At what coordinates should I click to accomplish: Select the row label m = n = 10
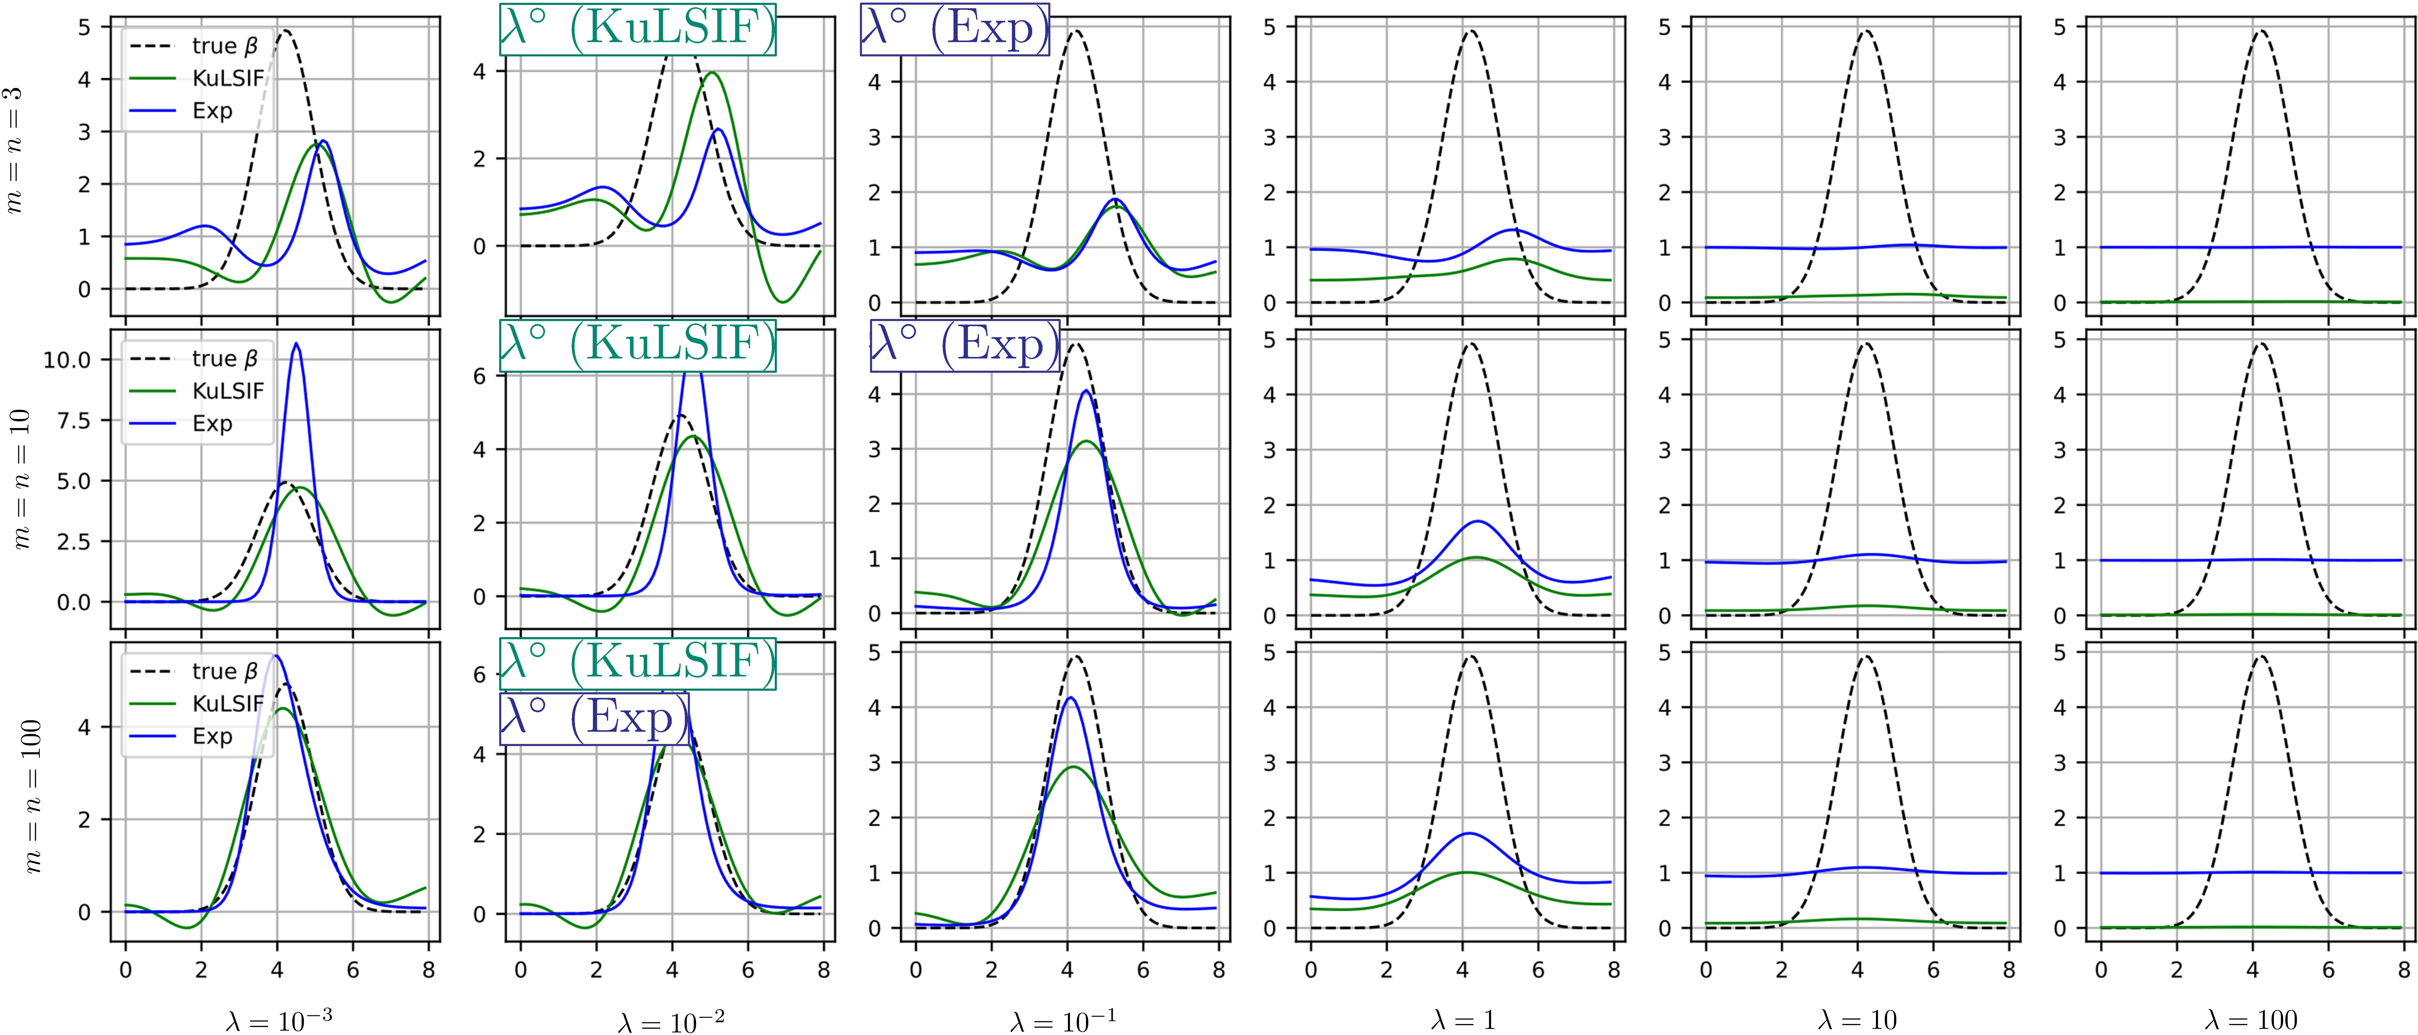pos(21,479)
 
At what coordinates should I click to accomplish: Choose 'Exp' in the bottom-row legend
pos(212,736)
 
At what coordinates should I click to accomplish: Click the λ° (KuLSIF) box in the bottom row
pos(638,662)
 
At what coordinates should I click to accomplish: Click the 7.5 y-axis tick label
pos(73,420)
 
